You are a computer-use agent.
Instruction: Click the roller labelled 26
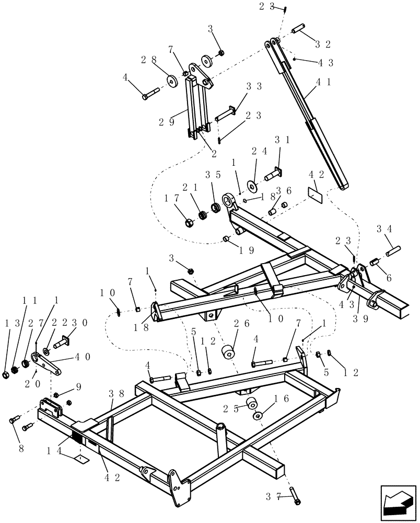point(228,352)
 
